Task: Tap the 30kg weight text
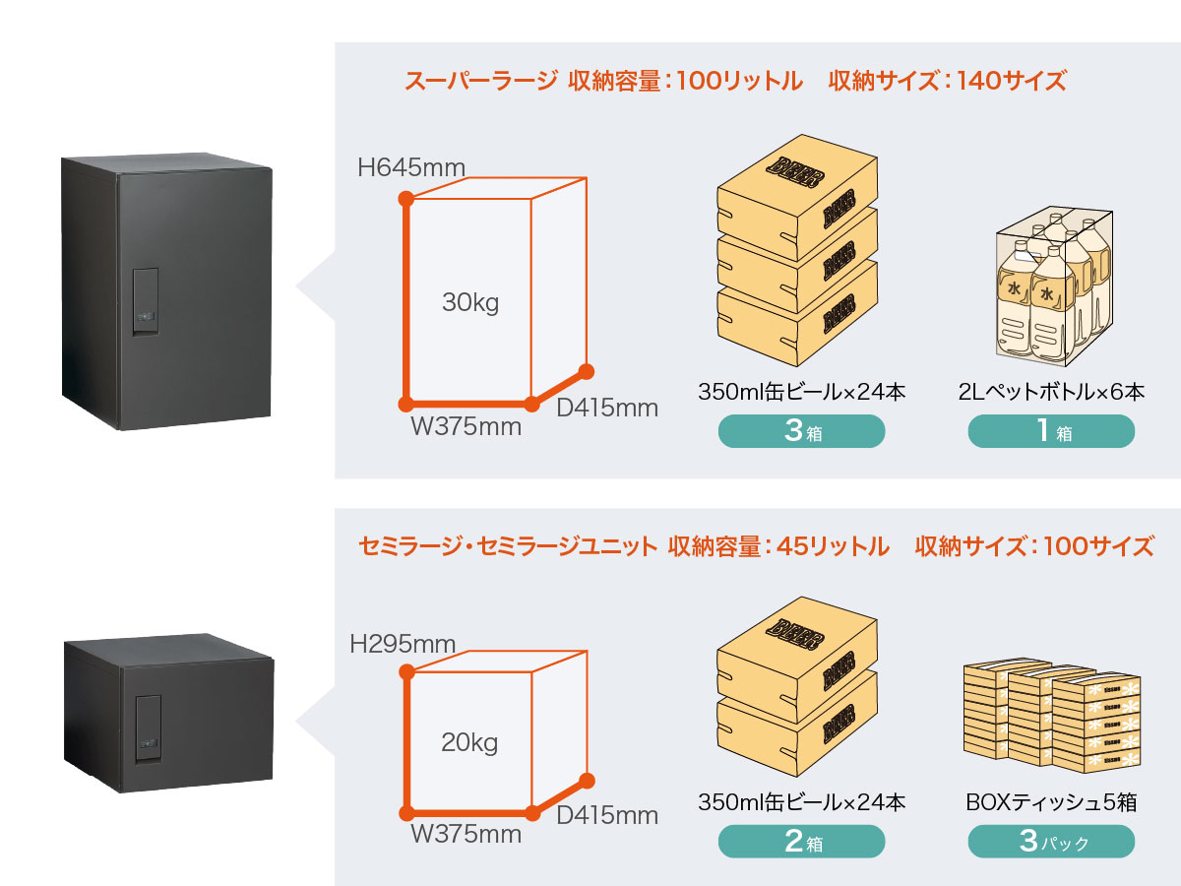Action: click(x=470, y=303)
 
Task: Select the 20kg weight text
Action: click(x=469, y=742)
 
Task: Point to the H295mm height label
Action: click(x=403, y=645)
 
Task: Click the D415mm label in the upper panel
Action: click(x=607, y=407)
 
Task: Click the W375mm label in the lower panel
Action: click(x=466, y=835)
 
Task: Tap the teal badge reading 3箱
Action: click(x=801, y=431)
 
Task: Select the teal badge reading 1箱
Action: click(x=1051, y=431)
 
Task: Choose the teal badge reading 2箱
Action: click(x=801, y=842)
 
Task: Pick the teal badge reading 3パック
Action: click(x=1051, y=842)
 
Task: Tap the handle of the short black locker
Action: click(x=148, y=729)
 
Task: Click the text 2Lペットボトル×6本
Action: click(x=1051, y=392)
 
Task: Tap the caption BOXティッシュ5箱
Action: click(x=1051, y=802)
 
